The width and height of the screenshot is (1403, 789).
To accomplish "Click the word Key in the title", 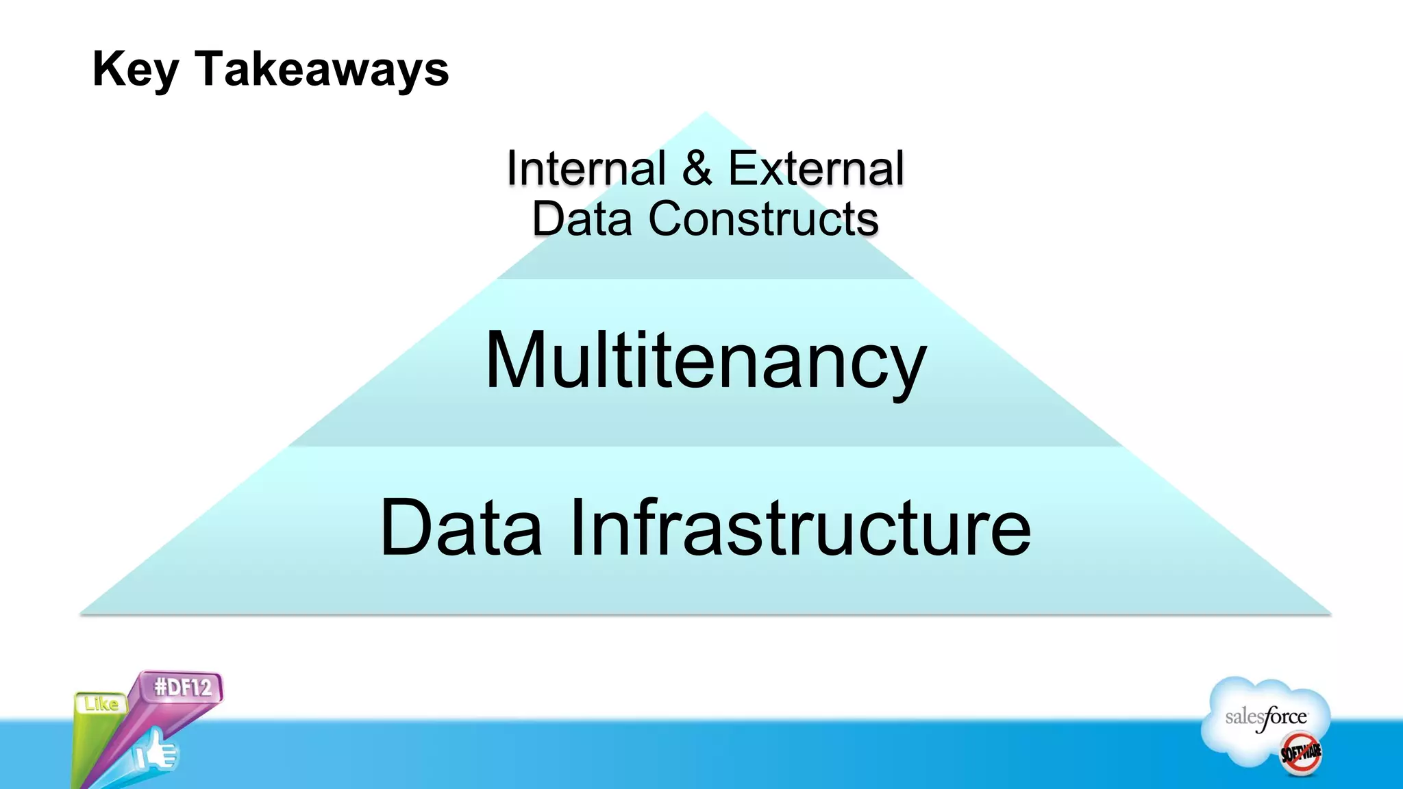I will [135, 69].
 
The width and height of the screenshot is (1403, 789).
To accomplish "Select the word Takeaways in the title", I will [322, 69].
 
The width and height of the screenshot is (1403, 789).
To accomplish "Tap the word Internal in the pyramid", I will [586, 168].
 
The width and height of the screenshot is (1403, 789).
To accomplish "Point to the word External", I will [816, 168].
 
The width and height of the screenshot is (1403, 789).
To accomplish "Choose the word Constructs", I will [763, 219].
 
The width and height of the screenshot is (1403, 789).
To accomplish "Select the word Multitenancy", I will [706, 361].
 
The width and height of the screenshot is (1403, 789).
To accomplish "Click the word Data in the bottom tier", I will [461, 528].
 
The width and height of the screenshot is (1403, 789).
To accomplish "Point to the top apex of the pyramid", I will [706, 114].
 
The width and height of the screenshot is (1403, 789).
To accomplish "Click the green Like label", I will [101, 704].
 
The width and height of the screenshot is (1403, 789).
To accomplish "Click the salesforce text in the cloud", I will [1266, 718].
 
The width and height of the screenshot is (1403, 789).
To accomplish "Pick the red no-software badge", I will [1301, 753].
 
